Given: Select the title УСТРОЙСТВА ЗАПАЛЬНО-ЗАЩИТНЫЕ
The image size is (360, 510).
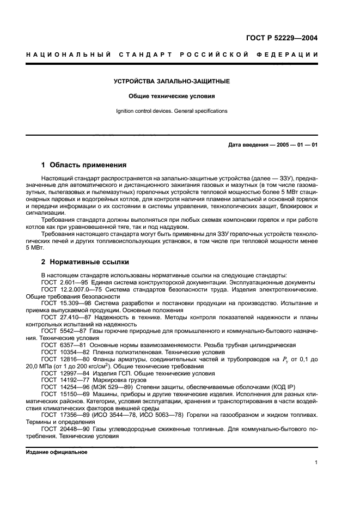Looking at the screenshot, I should coord(172,82).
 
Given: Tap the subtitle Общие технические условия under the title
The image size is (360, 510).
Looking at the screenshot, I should coord(172,96).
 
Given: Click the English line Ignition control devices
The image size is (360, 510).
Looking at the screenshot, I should coord(172,111).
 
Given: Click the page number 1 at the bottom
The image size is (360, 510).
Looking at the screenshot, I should coord(316,463).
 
